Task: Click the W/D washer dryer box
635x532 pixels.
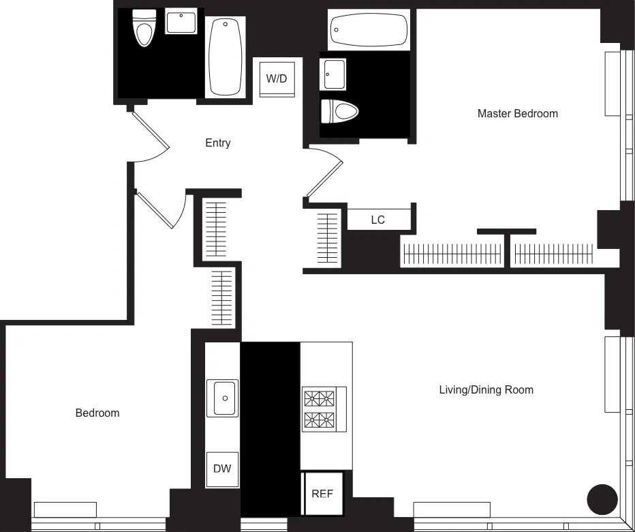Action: [276, 78]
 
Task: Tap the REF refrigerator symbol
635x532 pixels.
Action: [322, 493]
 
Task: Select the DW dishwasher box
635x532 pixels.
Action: [222, 469]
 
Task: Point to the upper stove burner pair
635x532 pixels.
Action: [320, 398]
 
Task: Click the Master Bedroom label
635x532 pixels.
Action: [517, 113]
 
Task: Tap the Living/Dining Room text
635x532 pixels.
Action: [486, 389]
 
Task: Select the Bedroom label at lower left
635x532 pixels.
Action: [97, 413]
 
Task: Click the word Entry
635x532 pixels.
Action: [217, 143]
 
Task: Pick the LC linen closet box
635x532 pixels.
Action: [378, 219]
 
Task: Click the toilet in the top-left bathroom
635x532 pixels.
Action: [144, 29]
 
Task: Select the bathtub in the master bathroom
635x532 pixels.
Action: [369, 30]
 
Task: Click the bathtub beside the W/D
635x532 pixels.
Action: [226, 57]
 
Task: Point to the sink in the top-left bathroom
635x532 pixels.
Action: [181, 23]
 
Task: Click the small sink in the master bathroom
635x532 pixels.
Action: [334, 74]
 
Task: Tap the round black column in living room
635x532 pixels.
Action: [602, 499]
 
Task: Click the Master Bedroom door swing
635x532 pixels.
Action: [326, 174]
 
